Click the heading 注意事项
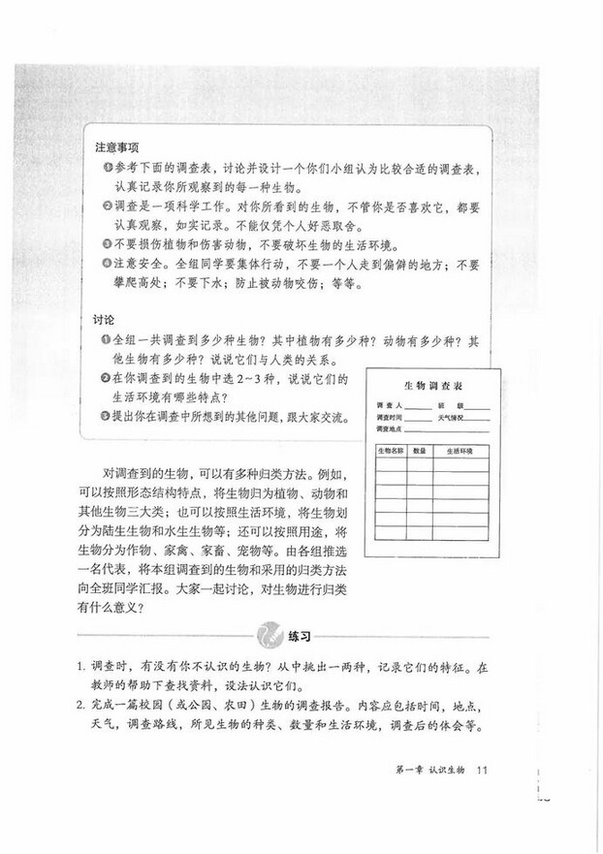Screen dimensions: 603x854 click(x=115, y=148)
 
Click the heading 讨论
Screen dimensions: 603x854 click(x=105, y=318)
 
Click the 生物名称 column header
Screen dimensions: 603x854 click(x=389, y=451)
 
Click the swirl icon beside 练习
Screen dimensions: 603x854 click(x=269, y=636)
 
